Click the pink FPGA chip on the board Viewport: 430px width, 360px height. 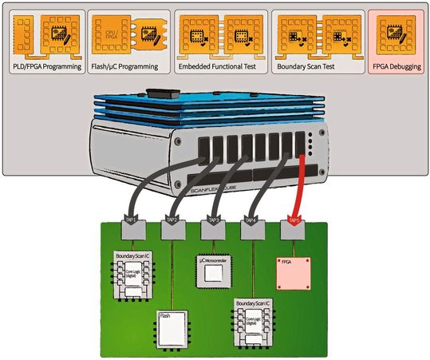[294, 274]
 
